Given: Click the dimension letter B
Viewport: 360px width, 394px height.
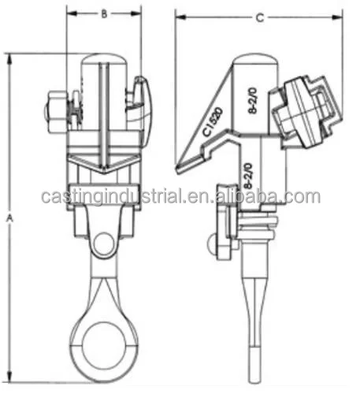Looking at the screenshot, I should pos(104,13).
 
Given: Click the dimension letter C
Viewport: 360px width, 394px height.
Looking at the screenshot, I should pos(260,17).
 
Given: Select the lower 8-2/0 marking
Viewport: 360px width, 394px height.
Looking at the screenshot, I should pos(249,173).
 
